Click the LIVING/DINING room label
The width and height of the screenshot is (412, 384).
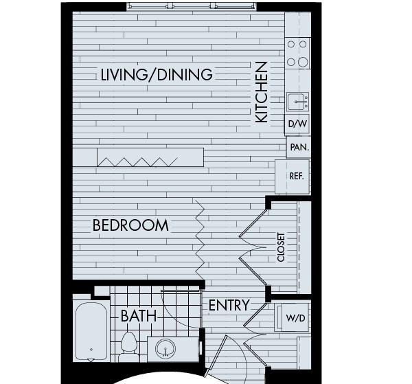[157, 74]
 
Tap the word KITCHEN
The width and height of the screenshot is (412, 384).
[262, 92]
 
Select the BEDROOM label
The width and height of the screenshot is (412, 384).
[130, 225]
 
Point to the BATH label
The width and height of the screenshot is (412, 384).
[139, 316]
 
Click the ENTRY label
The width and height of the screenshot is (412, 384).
[229, 305]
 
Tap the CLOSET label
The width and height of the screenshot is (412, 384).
[281, 247]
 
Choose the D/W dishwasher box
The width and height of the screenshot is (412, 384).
[297, 124]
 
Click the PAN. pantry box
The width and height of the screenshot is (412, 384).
[299, 147]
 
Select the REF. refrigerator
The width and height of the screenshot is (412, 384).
[293, 177]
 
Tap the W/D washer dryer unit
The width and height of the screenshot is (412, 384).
[292, 317]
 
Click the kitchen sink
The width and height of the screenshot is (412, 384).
[298, 102]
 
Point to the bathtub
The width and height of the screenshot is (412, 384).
[91, 331]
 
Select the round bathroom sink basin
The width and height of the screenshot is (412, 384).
[165, 348]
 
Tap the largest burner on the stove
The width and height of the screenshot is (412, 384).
[303, 63]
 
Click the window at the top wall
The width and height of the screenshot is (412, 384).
[192, 6]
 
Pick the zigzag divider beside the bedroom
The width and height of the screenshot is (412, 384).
[200, 239]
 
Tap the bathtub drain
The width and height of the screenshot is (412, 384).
[91, 350]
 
